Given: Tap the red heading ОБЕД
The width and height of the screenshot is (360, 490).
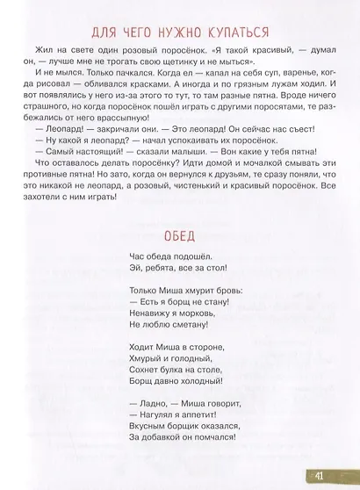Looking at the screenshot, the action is (x=180, y=234).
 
